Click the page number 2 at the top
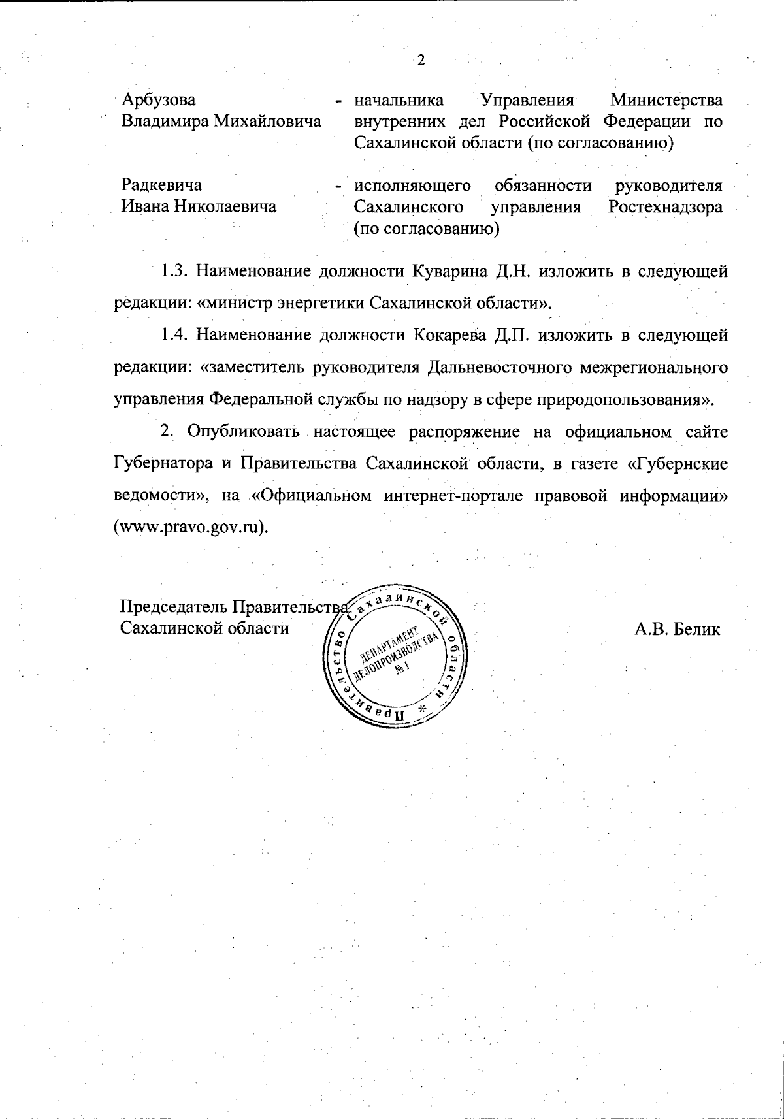coord(421,60)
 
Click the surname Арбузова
coord(159,101)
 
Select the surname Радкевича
coord(162,186)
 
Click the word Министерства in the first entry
coord(666,101)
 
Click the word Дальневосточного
coord(496,368)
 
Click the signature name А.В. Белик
coord(677,630)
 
